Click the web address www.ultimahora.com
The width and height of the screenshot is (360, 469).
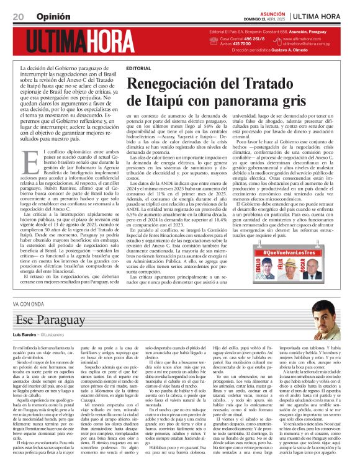click(x=304, y=38)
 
